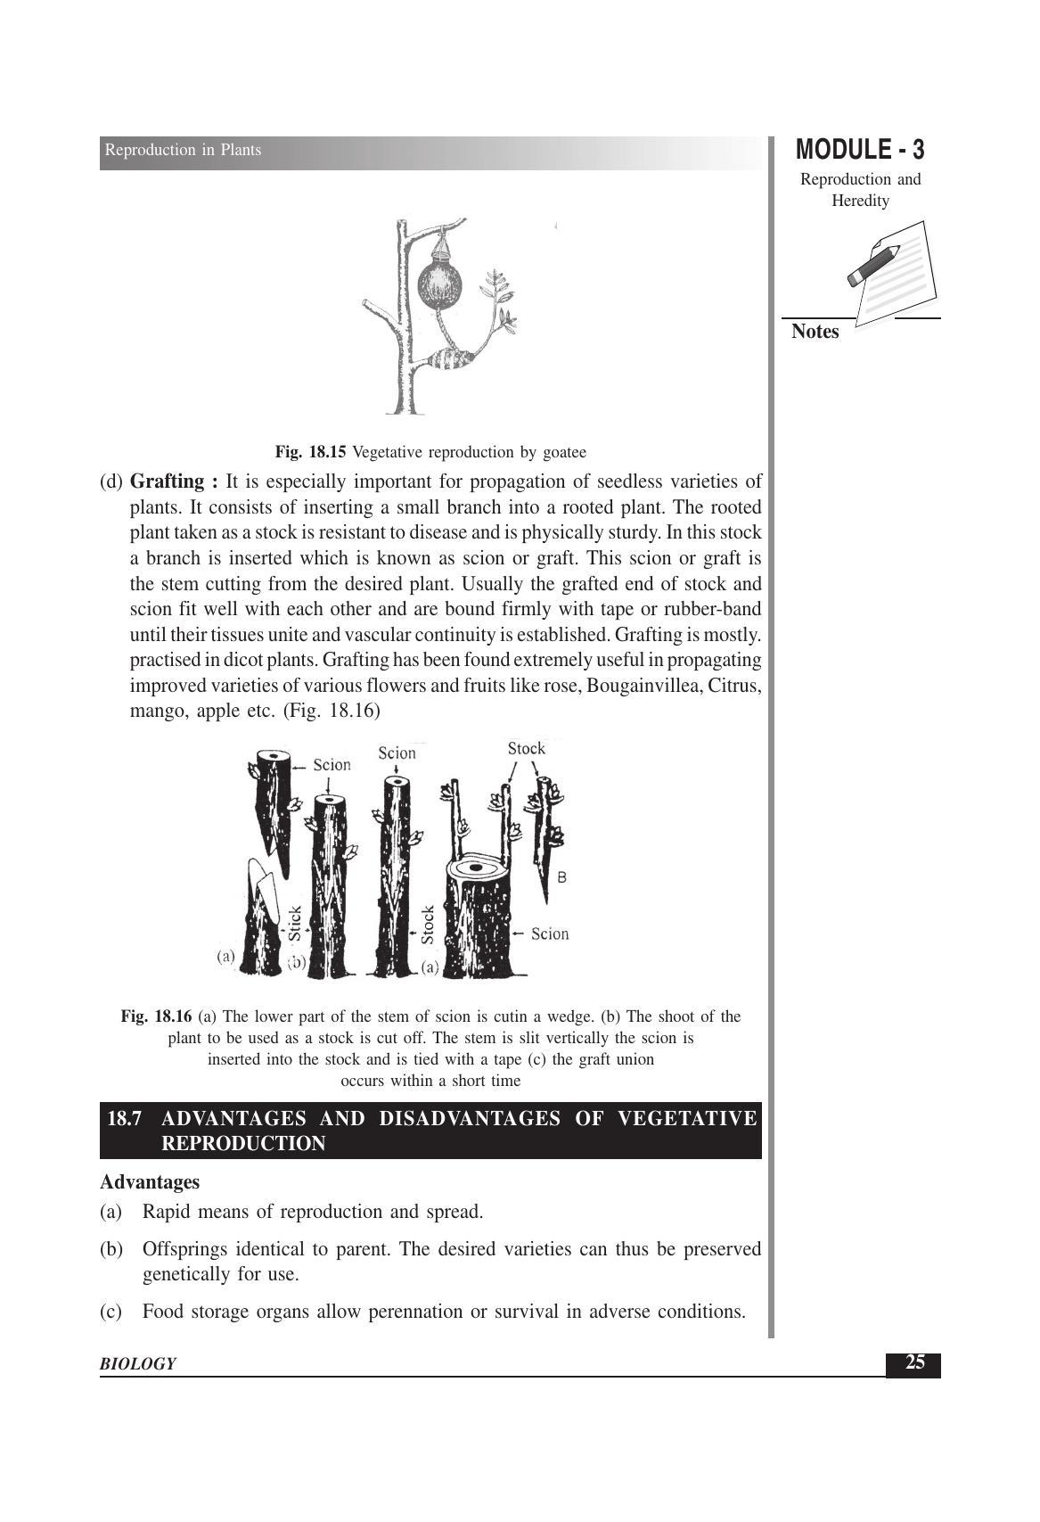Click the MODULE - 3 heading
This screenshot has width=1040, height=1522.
[x=860, y=150]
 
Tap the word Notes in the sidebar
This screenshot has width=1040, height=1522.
[x=815, y=332]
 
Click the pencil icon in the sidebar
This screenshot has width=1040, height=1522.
[x=873, y=265]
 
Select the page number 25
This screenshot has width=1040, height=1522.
[x=914, y=1362]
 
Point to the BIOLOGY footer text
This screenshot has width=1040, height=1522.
[x=138, y=1363]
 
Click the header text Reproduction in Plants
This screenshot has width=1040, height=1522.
[x=183, y=150]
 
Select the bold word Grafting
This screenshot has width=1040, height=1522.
[x=168, y=481]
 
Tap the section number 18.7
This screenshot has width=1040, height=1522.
[x=124, y=1118]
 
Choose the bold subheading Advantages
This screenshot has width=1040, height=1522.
[x=150, y=1182]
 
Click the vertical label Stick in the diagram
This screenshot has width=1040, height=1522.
[x=294, y=923]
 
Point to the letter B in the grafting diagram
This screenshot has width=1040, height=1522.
[x=561, y=877]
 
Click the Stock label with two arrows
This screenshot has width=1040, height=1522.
[x=527, y=749]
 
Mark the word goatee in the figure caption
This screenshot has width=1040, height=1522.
[x=564, y=453]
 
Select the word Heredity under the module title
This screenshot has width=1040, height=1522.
[x=860, y=201]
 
